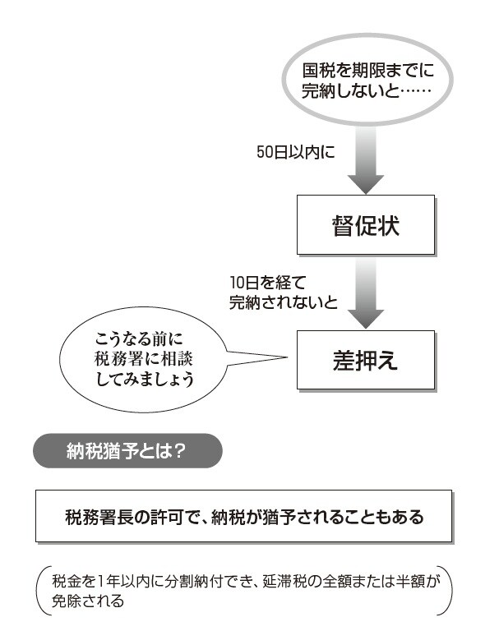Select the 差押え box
click(366, 359)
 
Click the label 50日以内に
click(294, 152)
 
